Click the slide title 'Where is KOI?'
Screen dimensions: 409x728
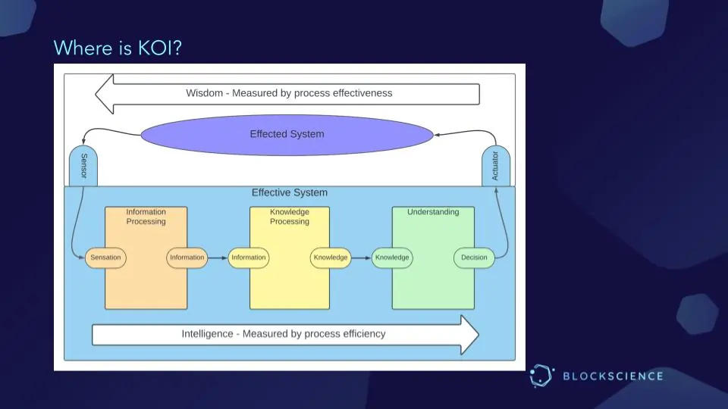[118, 48]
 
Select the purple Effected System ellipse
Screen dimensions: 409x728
[287, 134]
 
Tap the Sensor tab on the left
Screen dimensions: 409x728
[83, 166]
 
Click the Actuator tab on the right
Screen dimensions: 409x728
[495, 166]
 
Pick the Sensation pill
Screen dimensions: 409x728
[105, 258]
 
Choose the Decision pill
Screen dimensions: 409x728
[474, 258]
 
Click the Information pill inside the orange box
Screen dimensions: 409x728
[187, 258]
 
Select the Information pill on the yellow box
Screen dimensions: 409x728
[249, 258]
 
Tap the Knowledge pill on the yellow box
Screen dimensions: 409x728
[331, 258]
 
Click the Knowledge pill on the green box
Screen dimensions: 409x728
[392, 258]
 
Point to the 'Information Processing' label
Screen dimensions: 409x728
[146, 217]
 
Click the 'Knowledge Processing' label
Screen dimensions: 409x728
[290, 217]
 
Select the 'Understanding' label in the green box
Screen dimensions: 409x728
[433, 212]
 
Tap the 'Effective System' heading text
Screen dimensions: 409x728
[290, 193]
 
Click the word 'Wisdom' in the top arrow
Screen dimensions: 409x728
[205, 93]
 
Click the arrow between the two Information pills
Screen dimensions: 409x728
[218, 258]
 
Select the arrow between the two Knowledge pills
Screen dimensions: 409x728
[361, 258]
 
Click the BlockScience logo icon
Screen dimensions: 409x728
[541, 376]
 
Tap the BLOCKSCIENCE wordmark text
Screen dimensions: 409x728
[613, 376]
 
